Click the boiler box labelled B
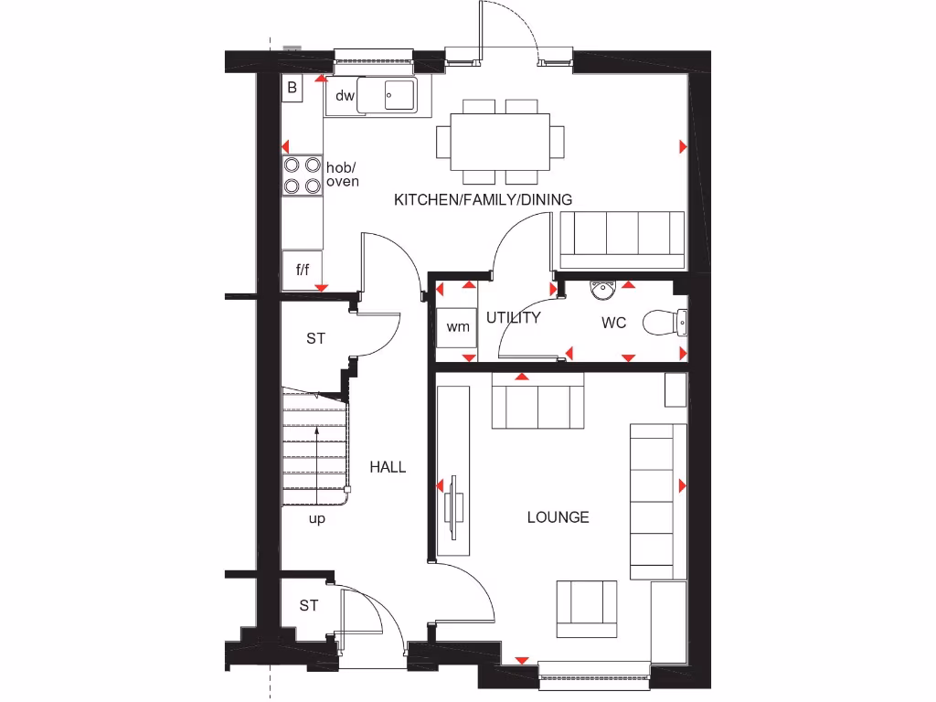coord(292,88)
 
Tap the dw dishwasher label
coord(345,96)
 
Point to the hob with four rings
coord(303,175)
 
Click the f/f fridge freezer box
coord(302,270)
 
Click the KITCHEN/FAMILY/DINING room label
coord(483,199)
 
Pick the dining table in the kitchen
coord(500,141)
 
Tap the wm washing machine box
coord(458,326)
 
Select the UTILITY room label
coord(513,318)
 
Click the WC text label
coord(614,324)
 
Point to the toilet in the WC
coord(663,323)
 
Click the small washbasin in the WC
coord(602,291)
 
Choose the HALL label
coord(388,467)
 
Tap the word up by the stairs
coord(317,518)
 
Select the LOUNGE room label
coord(558,517)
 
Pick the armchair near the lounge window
coord(586,608)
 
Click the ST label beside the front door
coord(309,605)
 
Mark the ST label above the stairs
coord(315,339)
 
